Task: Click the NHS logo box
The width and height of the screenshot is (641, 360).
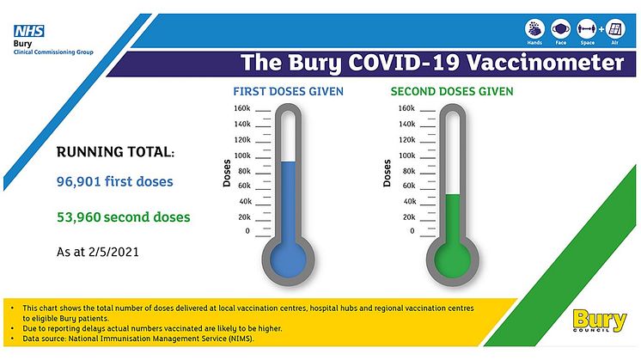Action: [x=29, y=31]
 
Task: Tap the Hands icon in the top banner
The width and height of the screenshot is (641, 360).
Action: [x=534, y=29]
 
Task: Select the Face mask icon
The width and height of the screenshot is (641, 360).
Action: [x=560, y=29]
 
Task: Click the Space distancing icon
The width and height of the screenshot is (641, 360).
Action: [x=587, y=29]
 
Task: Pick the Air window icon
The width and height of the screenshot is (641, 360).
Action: [x=615, y=29]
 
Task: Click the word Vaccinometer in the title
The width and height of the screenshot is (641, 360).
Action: [x=546, y=63]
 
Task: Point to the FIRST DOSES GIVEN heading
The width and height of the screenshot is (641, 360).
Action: [x=288, y=91]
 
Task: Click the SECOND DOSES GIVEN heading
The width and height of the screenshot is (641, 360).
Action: [x=452, y=91]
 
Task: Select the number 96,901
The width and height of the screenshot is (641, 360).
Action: [x=79, y=181]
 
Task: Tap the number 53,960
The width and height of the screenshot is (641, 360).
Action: [x=78, y=217]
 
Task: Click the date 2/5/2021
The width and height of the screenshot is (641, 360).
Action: [x=113, y=252]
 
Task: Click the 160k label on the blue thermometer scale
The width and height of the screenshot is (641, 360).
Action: [x=242, y=108]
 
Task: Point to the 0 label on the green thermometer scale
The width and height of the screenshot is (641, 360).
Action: [x=412, y=231]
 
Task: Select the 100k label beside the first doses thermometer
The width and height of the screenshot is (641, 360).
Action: [x=242, y=156]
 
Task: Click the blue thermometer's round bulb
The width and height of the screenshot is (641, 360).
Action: [x=288, y=260]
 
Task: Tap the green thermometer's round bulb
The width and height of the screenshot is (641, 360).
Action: [x=453, y=260]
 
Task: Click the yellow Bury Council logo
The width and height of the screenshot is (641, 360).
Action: [x=599, y=320]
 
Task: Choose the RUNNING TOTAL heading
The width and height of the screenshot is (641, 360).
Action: [x=115, y=152]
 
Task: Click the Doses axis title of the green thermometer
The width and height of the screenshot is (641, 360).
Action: [x=387, y=174]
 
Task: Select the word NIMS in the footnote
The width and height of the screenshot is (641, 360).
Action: [x=242, y=339]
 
